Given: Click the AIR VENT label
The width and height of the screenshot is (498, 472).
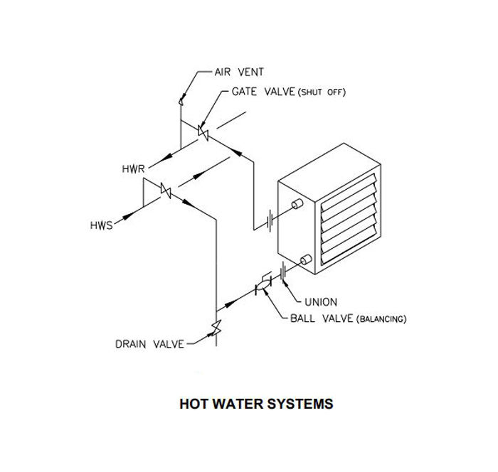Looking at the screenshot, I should coord(239,73).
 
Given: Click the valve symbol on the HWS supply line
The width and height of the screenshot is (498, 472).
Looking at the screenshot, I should coord(166,191).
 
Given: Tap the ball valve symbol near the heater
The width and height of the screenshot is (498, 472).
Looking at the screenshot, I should coord(262,286).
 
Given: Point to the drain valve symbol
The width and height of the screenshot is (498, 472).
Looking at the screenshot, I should coord(215,328).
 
